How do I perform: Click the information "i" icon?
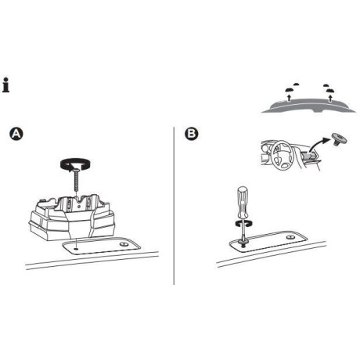(x=7, y=85)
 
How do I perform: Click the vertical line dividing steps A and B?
(x=173, y=203)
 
